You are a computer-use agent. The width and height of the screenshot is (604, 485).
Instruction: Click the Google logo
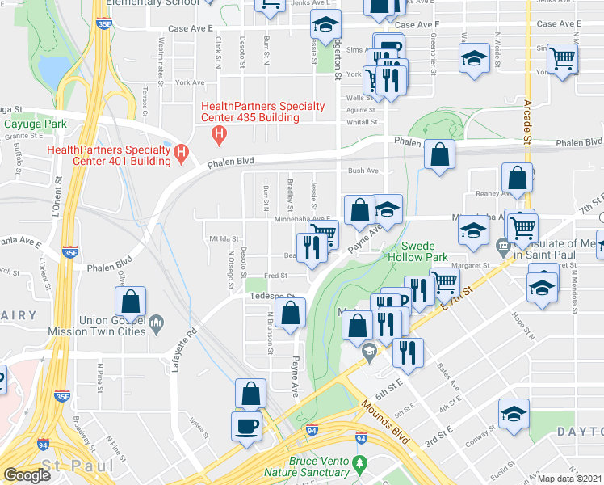point(27,475)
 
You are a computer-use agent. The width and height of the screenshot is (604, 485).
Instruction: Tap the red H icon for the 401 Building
point(180,151)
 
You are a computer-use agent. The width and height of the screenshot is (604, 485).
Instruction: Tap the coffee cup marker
point(246,425)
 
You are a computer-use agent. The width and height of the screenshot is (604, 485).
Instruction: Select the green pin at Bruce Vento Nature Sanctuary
point(362,464)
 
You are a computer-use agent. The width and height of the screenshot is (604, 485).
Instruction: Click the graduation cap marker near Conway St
point(513,414)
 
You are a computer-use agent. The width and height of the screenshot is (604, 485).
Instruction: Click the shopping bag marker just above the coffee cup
point(251,394)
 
